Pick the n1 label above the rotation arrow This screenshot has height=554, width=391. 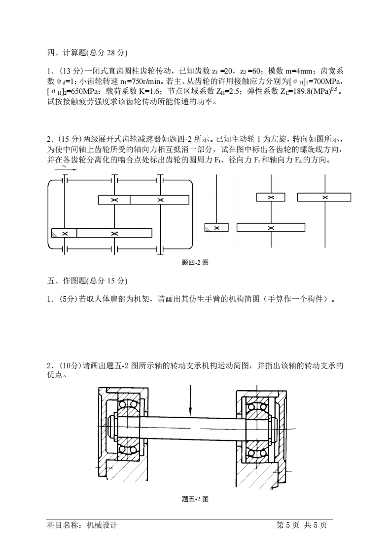(65, 166)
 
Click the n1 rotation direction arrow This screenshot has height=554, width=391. (69, 170)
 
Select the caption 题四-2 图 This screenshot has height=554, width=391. (195, 263)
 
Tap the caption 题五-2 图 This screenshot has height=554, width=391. (195, 499)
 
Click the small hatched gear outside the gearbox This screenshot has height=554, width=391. (216, 227)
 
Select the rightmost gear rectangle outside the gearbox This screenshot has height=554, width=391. (324, 197)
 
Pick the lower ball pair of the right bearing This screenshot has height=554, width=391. (256, 447)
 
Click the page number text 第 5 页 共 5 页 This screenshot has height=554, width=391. (302, 525)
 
